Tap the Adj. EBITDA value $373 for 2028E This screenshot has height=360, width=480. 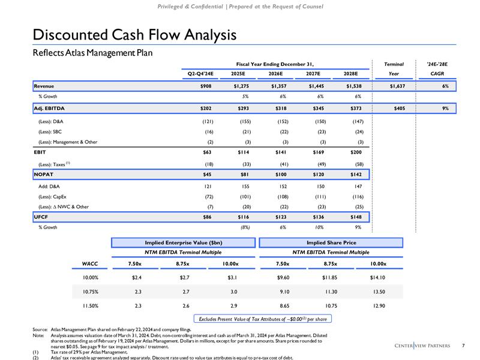pyautogui.click(x=356, y=109)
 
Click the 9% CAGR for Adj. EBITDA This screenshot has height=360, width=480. pyautogui.click(x=446, y=109)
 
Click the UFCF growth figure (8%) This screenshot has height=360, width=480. pyautogui.click(x=245, y=227)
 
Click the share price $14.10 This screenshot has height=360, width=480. pyautogui.click(x=376, y=277)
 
